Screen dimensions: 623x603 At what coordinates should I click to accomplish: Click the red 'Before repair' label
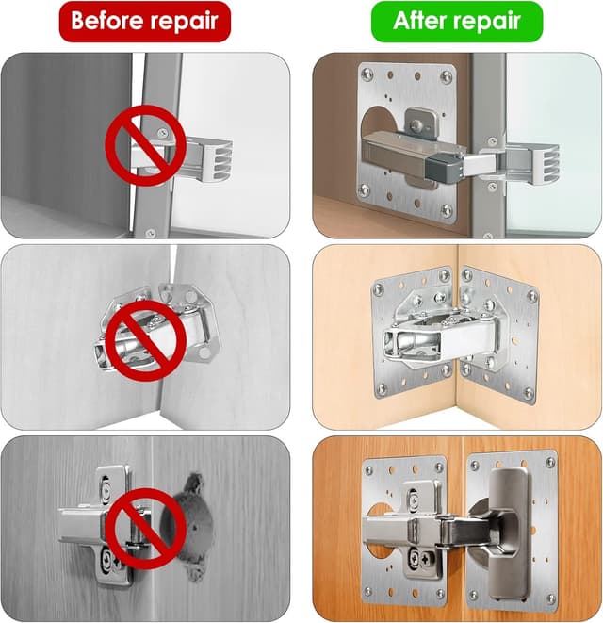coord(144,20)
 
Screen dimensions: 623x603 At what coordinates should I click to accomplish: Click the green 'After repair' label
coord(457,20)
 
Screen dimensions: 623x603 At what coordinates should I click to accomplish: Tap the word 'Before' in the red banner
coord(106,20)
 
